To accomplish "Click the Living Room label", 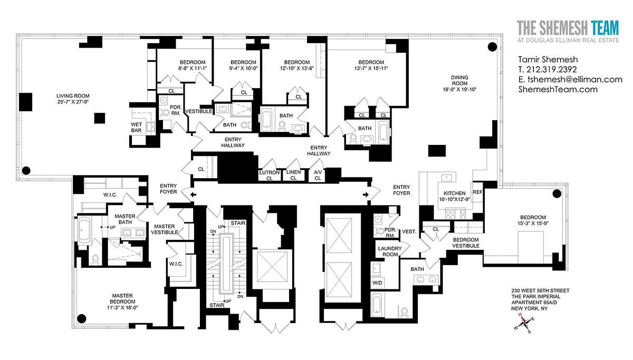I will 73,96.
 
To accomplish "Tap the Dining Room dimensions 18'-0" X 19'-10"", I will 459,90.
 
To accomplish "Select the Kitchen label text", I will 454,193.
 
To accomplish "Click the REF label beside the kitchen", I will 477,192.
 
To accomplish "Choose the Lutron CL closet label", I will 269,175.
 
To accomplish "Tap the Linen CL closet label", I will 294,175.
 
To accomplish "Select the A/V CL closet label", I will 317,175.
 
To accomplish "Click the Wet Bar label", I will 136,127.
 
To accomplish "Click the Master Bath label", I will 125,219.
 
